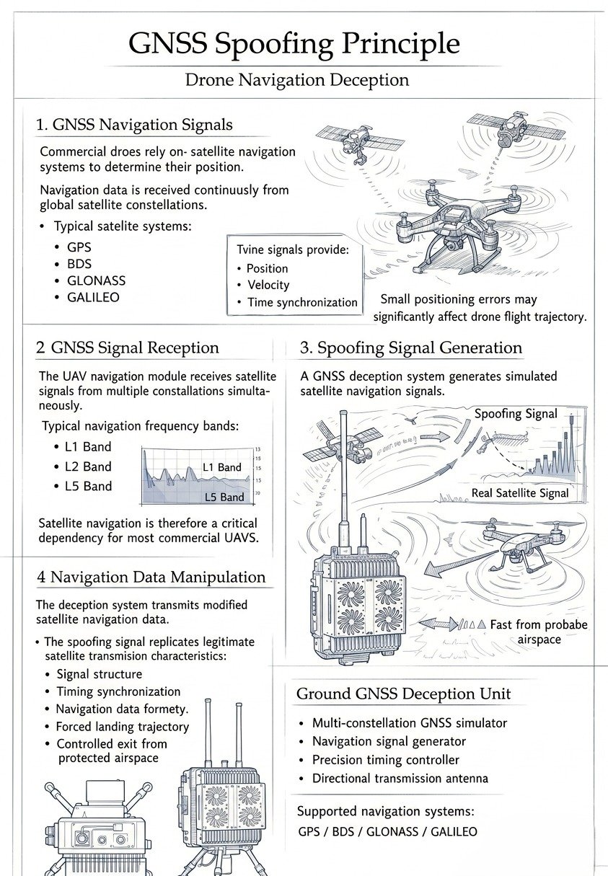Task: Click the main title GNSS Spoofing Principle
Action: pyautogui.click(x=294, y=43)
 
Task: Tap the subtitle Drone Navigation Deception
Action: pyautogui.click(x=297, y=79)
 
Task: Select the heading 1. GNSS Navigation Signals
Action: pyautogui.click(x=134, y=125)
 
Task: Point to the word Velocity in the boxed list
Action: pyautogui.click(x=268, y=285)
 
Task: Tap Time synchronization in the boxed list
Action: pyautogui.click(x=302, y=302)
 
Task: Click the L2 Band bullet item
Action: pyautogui.click(x=88, y=466)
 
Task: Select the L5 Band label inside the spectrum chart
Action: pyautogui.click(x=224, y=497)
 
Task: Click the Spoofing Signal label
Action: pyautogui.click(x=516, y=413)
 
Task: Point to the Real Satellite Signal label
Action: pyautogui.click(x=520, y=493)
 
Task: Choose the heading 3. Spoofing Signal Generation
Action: pyautogui.click(x=410, y=348)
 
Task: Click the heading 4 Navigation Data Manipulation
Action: pyautogui.click(x=151, y=577)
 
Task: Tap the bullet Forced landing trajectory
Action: pyautogui.click(x=123, y=727)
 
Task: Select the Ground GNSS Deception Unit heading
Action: pyautogui.click(x=403, y=694)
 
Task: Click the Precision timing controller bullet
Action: pyautogui.click(x=385, y=760)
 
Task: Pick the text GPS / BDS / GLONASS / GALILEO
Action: pyautogui.click(x=387, y=831)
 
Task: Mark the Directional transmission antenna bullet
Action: pyautogui.click(x=400, y=779)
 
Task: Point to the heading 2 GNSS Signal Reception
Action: pyautogui.click(x=127, y=348)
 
